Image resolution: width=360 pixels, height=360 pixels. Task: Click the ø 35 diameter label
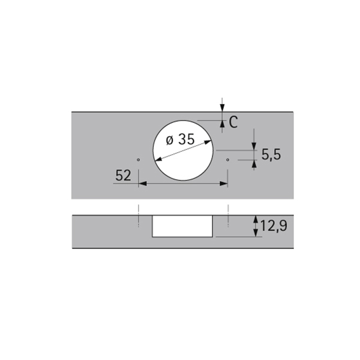tap(180, 139)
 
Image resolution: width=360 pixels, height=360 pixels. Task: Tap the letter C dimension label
tap(233, 122)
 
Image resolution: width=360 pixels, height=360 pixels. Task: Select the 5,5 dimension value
tap(271, 154)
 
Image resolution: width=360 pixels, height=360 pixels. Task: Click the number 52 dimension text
tap(123, 175)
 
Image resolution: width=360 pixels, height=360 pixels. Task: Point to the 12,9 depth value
tap(274, 226)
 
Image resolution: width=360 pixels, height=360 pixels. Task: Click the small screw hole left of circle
tap(138, 160)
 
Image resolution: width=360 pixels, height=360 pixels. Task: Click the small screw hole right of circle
tap(227, 160)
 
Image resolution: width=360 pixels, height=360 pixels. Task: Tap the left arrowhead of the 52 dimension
tap(143, 184)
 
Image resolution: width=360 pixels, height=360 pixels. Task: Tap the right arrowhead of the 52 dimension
tap(223, 184)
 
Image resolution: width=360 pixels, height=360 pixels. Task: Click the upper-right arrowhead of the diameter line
tap(208, 142)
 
